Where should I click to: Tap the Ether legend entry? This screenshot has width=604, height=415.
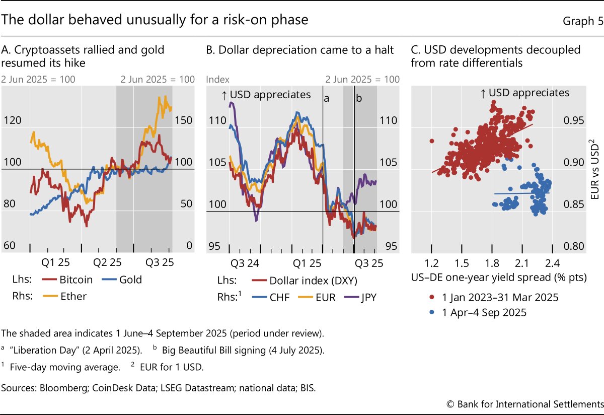(x=73, y=296)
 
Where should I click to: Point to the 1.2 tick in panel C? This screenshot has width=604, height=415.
(x=431, y=262)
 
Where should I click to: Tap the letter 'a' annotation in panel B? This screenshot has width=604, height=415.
(x=326, y=98)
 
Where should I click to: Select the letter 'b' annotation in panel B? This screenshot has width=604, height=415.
(x=359, y=98)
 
